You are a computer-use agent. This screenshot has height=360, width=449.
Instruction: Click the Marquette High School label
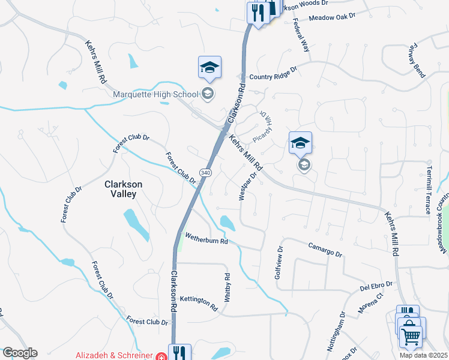coord(155,94)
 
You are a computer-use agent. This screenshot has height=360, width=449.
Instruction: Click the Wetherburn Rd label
coord(206,239)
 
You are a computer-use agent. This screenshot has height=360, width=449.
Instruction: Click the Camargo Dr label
coord(325,250)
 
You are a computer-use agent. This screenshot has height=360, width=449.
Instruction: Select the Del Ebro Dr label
coord(376,284)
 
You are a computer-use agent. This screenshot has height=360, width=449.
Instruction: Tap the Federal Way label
coord(301,35)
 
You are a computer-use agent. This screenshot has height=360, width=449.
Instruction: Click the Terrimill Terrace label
coord(429,190)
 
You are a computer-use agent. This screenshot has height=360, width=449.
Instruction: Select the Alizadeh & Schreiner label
coord(113,355)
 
